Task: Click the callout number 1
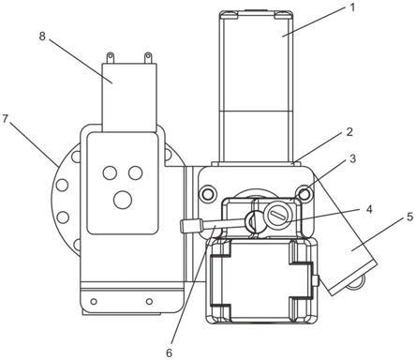(352, 7)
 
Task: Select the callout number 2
(349, 132)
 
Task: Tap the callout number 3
(352, 158)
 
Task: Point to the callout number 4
(369, 209)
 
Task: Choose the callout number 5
(410, 217)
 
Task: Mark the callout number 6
(169, 353)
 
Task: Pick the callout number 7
(5, 119)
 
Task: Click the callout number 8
(42, 36)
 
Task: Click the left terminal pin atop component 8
(110, 58)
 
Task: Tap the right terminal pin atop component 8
(148, 58)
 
